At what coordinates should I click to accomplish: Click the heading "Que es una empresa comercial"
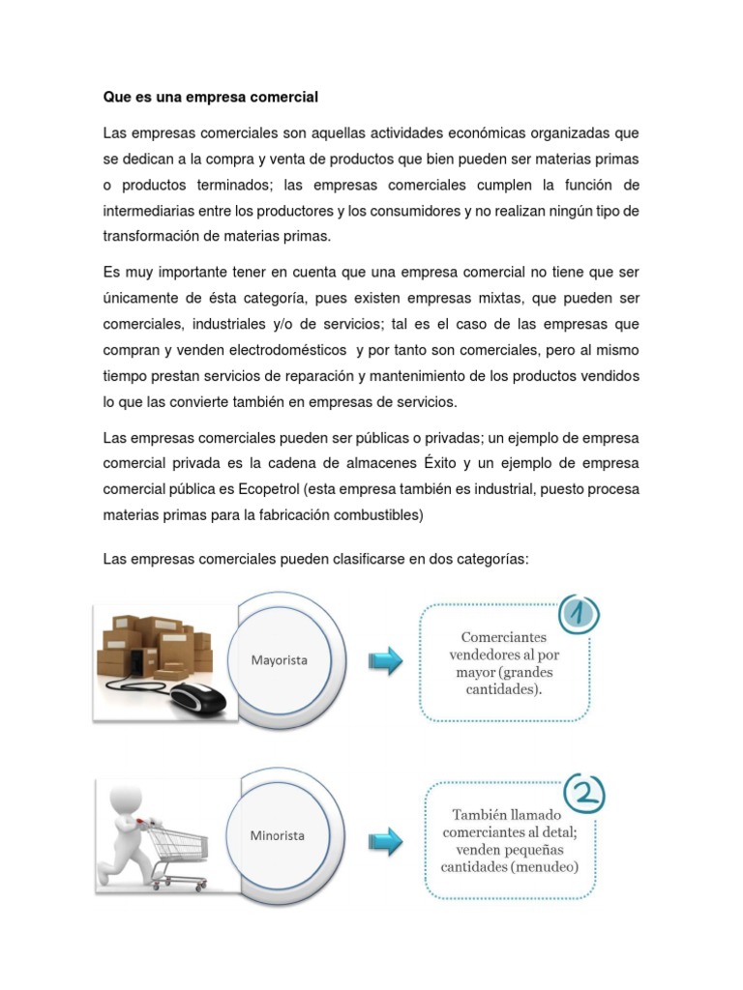[210, 98]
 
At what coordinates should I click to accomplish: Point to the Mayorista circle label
[280, 659]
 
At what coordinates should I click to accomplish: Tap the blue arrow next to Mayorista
[385, 661]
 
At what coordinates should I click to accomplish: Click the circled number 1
[579, 613]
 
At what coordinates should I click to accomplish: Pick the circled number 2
[584, 794]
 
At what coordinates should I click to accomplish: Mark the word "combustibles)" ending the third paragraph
[378, 515]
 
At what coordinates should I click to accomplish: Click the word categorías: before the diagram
[489, 560]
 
